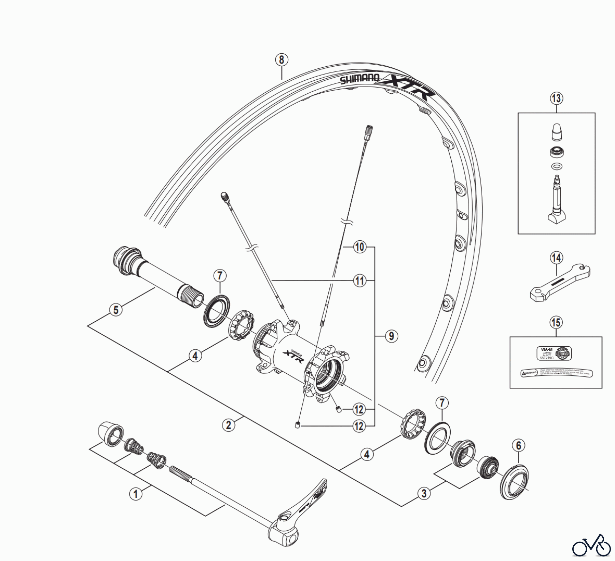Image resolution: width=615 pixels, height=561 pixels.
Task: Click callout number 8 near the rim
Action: coord(281,60)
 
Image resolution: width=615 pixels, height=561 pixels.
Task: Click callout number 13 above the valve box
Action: coord(556,98)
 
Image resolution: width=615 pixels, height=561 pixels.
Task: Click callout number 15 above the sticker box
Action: coord(556,322)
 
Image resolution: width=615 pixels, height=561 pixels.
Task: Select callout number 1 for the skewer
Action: coord(136,494)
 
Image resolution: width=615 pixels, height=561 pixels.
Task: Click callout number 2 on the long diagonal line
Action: coord(228,425)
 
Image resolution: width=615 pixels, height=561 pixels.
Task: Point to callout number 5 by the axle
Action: coord(116,310)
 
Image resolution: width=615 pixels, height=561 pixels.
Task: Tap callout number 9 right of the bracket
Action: coord(391,336)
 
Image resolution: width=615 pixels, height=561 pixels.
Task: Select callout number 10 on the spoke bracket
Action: coord(359,247)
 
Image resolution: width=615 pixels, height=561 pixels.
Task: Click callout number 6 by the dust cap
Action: coord(518,445)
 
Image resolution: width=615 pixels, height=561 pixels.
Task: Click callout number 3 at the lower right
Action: coord(424,493)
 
